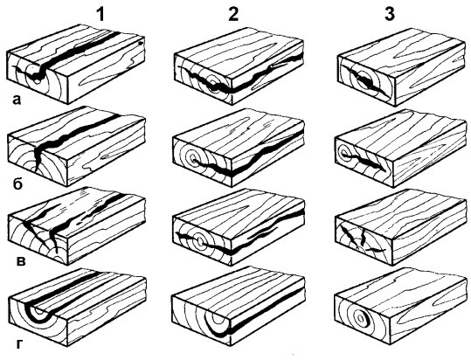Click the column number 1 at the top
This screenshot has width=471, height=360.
click(x=100, y=15)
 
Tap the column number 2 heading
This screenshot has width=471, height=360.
click(x=233, y=14)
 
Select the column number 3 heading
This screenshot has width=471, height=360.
click(x=390, y=14)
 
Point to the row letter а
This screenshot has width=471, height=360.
click(x=17, y=100)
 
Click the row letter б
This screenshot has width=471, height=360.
click(x=17, y=184)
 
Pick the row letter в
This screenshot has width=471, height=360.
click(x=20, y=261)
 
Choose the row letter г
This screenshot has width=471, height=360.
click(x=18, y=344)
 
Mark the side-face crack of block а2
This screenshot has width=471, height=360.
click(x=264, y=75)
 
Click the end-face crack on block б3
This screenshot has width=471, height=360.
click(x=366, y=163)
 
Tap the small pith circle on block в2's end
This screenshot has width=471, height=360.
click(x=199, y=241)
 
